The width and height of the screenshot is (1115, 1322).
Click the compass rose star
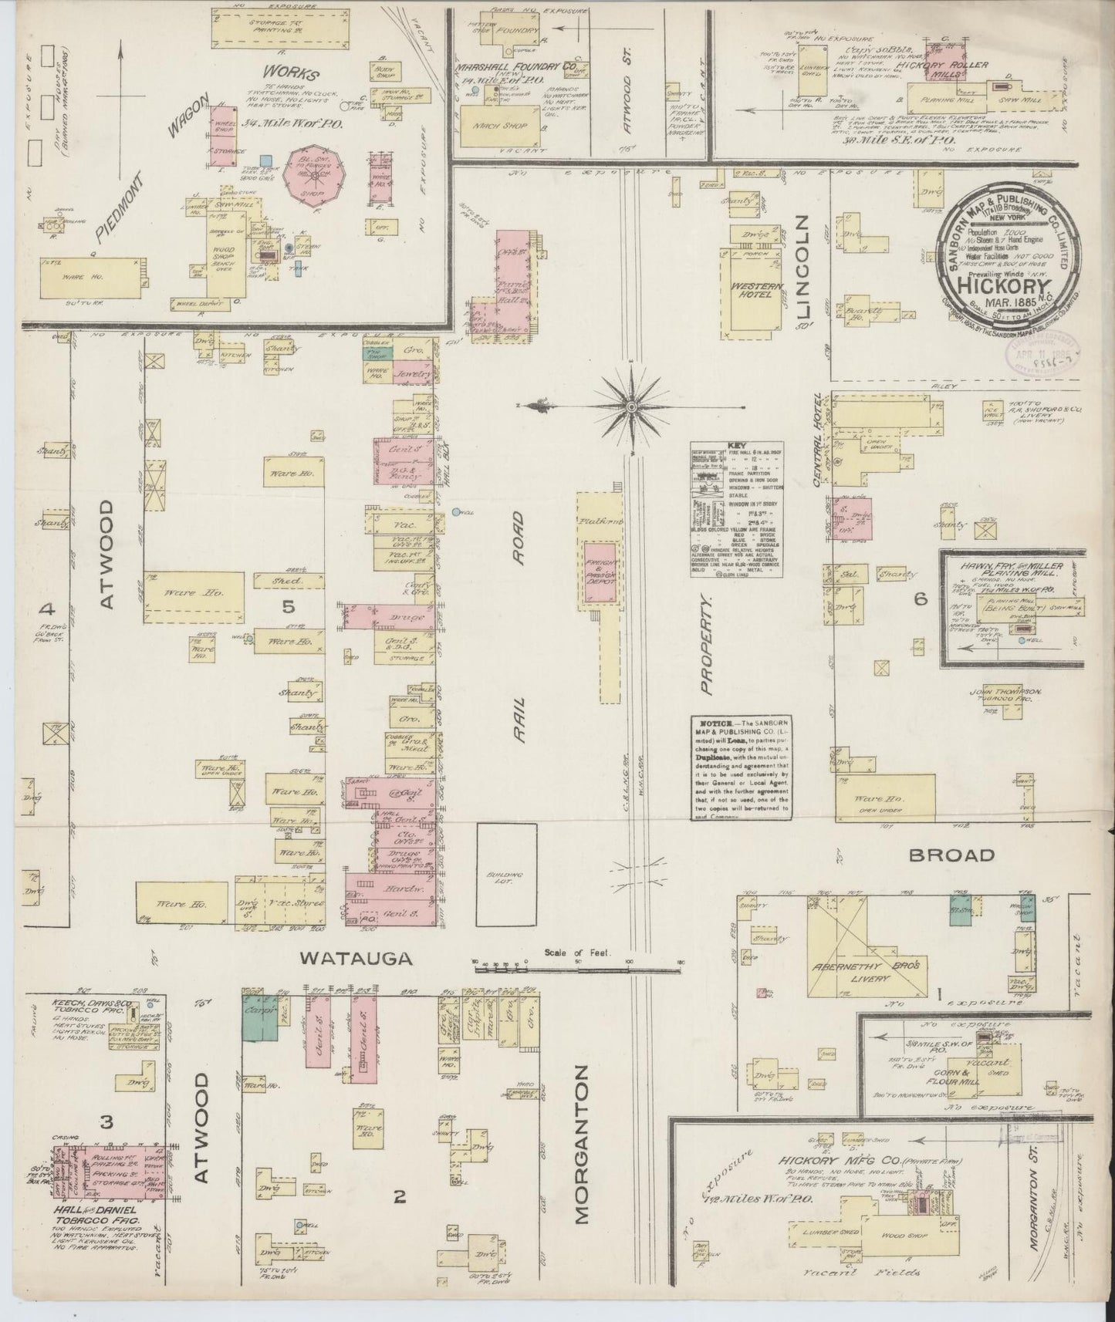click(x=631, y=406)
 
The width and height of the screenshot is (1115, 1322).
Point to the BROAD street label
click(x=951, y=855)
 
